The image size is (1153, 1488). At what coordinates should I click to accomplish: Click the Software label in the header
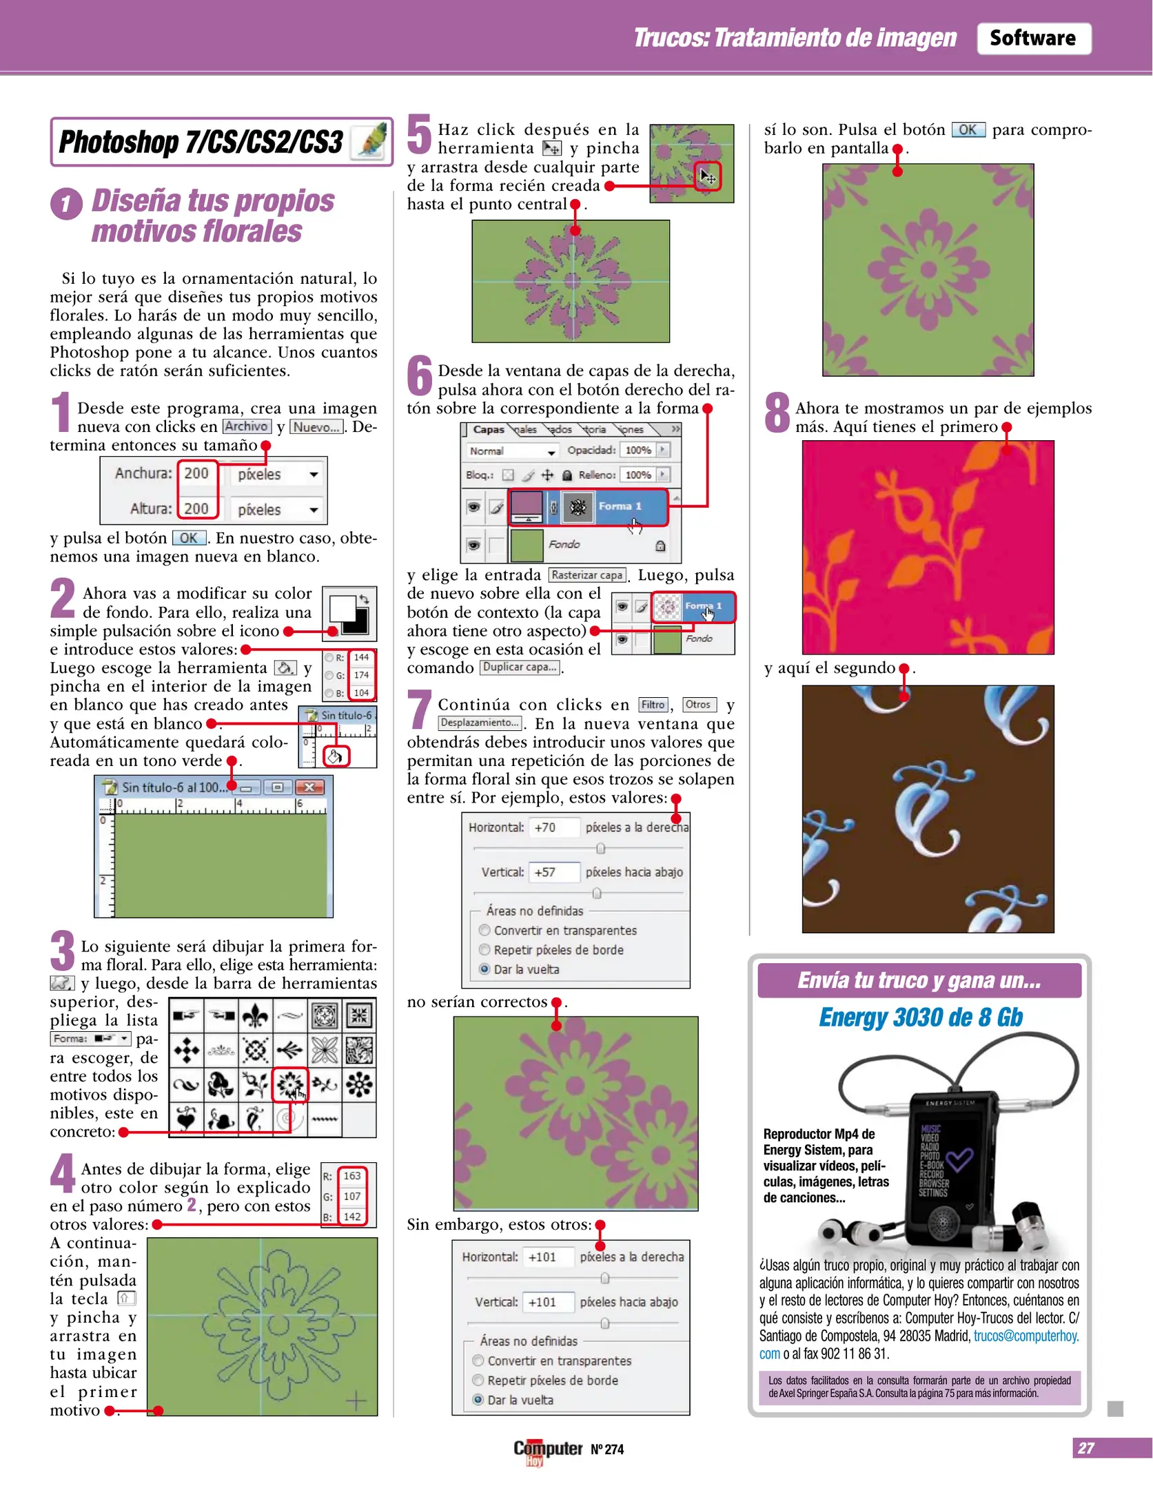tap(1032, 38)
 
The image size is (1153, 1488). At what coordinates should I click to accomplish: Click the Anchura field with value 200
tap(196, 473)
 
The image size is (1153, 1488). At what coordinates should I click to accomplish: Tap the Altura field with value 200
tap(196, 508)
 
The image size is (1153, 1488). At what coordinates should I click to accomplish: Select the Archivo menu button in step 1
tap(246, 426)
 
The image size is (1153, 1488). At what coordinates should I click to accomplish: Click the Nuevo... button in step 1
tap(316, 427)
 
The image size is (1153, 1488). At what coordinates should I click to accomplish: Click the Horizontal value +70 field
tap(553, 827)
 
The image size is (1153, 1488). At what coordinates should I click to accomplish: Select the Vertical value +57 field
tap(553, 872)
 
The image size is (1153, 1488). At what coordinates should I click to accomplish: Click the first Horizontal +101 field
tap(548, 1257)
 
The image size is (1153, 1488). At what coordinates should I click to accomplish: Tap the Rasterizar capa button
tap(587, 575)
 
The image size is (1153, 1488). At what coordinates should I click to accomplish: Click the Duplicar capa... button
tap(520, 668)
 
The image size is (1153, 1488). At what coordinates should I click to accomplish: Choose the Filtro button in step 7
tap(652, 705)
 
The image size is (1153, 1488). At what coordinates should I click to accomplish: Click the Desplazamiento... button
tap(480, 723)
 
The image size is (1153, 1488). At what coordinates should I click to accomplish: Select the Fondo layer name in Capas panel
tap(564, 544)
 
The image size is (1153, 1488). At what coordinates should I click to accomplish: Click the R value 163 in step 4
tap(352, 1176)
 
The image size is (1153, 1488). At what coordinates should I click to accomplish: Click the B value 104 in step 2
tap(361, 692)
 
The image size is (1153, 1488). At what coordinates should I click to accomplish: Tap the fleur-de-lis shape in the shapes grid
tap(256, 1015)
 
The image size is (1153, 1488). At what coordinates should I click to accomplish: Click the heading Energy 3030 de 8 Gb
tap(920, 1017)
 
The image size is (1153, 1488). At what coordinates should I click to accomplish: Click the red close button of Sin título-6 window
tap(309, 787)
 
